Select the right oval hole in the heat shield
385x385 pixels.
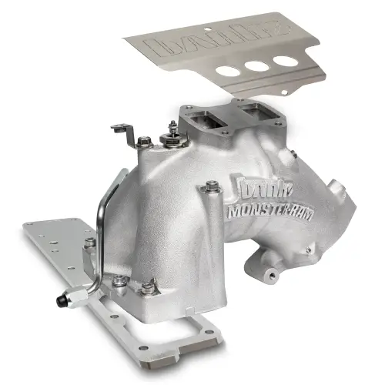[284, 61]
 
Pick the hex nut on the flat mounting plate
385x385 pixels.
[90, 243]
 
